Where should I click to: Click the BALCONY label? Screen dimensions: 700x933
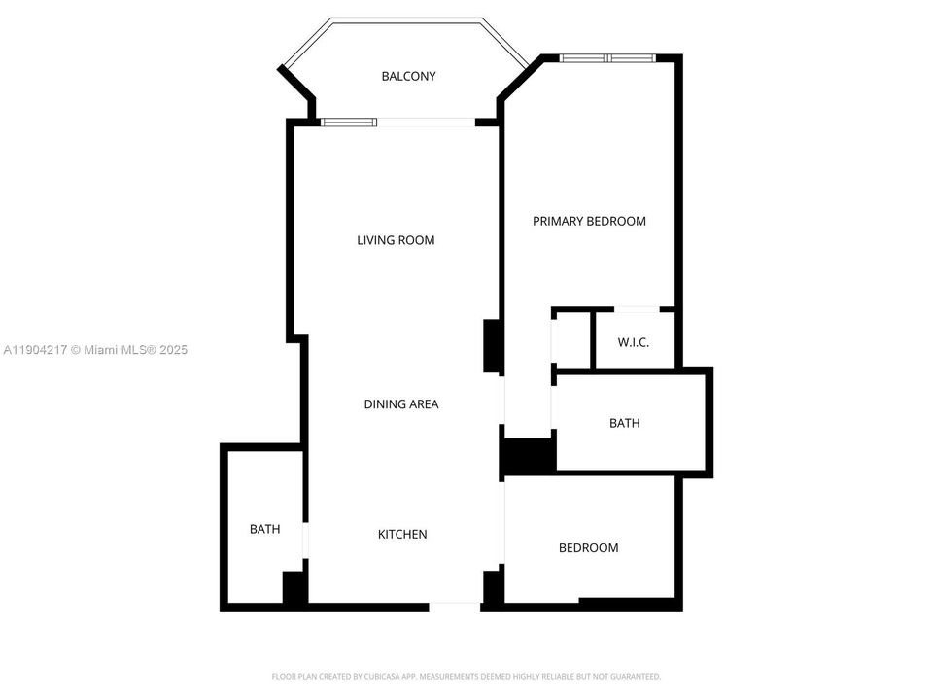(408, 76)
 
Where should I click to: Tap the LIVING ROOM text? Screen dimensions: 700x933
(396, 240)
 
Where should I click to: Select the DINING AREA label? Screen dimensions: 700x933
(401, 403)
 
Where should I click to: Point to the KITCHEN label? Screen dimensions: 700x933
(402, 534)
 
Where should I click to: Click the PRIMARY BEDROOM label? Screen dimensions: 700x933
(589, 221)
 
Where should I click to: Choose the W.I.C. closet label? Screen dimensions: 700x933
(633, 343)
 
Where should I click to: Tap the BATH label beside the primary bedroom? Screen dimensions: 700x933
(625, 423)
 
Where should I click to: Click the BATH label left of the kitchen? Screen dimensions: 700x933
(264, 529)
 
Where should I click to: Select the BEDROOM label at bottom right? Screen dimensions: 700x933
(588, 547)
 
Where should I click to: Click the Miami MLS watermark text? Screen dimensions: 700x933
(94, 349)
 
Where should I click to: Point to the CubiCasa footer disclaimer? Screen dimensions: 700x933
(466, 676)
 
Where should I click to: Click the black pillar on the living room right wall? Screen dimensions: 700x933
(492, 346)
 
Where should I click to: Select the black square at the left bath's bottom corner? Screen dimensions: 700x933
(294, 588)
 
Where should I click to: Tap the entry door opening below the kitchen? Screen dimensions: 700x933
(455, 606)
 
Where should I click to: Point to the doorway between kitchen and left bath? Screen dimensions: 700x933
(305, 541)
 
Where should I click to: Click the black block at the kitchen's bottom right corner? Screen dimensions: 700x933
(493, 586)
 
